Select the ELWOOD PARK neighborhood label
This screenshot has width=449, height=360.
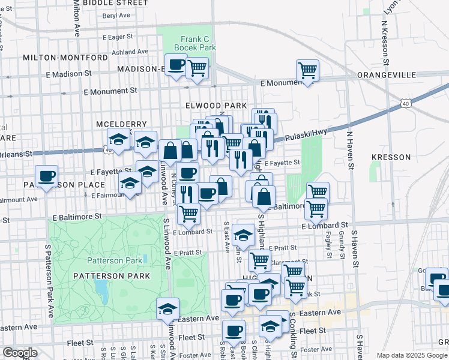217,106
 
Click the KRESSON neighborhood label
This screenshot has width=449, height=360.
391,157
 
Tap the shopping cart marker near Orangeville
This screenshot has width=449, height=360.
307,71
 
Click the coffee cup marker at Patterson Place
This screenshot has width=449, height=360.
46,176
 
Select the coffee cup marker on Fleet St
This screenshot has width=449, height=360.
234,330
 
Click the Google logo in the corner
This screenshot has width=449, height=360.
20,353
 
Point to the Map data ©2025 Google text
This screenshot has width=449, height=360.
412,355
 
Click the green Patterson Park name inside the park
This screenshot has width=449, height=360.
115,260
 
